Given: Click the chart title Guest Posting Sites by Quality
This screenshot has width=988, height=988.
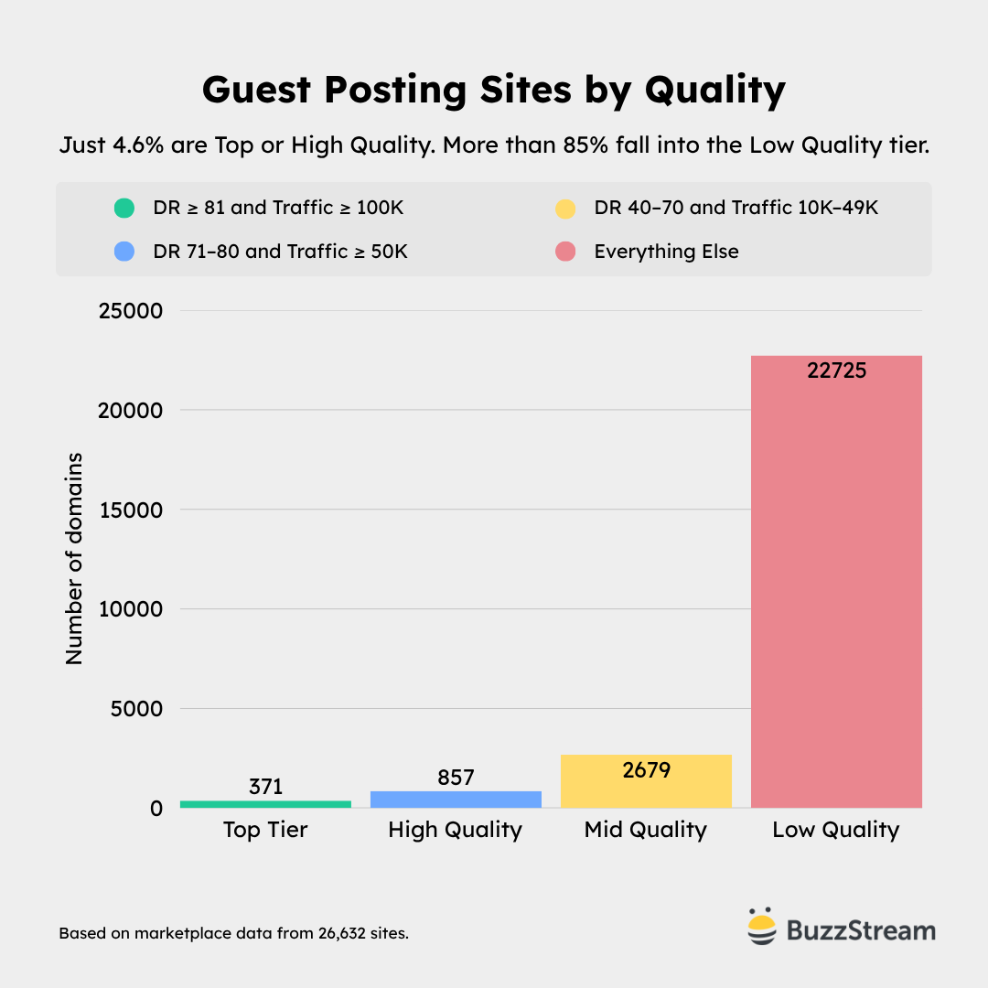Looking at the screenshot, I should [x=494, y=91].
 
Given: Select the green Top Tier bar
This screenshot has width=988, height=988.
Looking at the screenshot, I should [x=265, y=804].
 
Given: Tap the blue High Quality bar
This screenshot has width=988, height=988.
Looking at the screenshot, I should [x=456, y=799].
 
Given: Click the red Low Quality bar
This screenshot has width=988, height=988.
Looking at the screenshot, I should [x=836, y=585].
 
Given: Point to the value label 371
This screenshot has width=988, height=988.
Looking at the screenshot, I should [x=265, y=787].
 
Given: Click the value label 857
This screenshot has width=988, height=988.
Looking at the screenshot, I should [x=456, y=777].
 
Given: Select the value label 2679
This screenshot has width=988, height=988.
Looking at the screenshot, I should [x=646, y=770].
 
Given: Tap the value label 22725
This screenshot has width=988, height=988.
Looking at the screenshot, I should [x=836, y=370].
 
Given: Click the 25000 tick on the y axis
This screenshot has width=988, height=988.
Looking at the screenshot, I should [x=130, y=311].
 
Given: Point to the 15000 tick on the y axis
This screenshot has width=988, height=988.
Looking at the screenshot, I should [x=130, y=510].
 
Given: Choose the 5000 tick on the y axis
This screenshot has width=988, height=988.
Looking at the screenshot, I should [x=137, y=709].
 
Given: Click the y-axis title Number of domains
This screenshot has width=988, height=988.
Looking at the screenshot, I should [x=74, y=558].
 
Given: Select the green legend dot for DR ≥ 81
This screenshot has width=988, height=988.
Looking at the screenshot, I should [x=123, y=209].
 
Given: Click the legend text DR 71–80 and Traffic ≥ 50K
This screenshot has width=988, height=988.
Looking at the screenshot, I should [x=280, y=251].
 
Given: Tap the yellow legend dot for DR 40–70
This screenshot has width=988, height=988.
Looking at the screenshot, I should [x=564, y=209].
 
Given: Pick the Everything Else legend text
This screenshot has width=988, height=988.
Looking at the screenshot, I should [x=666, y=251].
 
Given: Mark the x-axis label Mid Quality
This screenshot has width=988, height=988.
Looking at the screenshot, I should [x=646, y=830].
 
